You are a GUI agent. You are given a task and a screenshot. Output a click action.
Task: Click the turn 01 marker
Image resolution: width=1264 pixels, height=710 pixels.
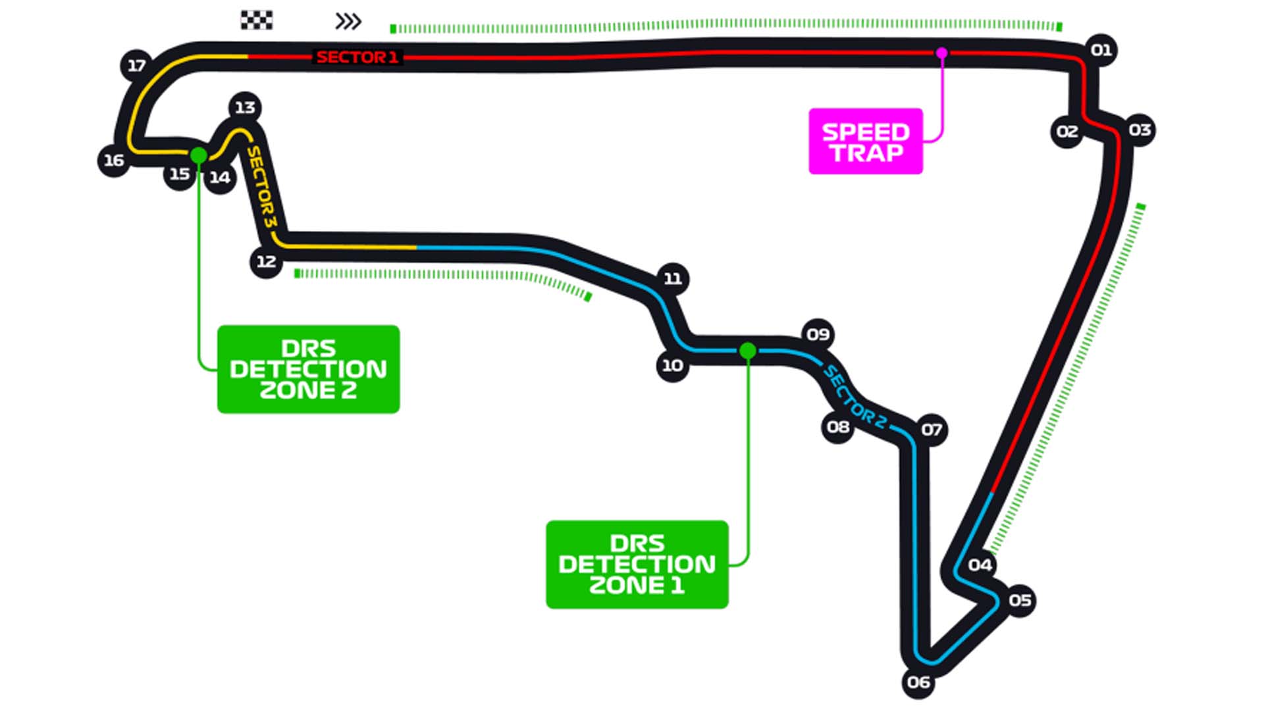click(x=1101, y=50)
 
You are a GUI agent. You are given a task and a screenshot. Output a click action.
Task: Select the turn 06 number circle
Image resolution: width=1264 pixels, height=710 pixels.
click(x=918, y=682)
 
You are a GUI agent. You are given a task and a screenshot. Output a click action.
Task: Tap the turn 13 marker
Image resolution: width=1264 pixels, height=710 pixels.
click(x=245, y=107)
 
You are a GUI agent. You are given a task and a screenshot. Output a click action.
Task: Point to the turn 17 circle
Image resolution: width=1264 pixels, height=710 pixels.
click(x=136, y=65)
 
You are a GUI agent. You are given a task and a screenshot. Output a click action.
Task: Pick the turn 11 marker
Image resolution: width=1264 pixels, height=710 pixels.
click(x=672, y=278)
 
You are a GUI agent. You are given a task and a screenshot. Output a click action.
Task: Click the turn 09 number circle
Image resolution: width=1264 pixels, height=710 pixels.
click(x=818, y=334)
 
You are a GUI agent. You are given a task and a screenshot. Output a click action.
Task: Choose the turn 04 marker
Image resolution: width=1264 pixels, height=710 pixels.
click(x=980, y=565)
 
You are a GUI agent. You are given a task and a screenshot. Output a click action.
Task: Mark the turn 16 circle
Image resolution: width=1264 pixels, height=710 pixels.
click(x=113, y=160)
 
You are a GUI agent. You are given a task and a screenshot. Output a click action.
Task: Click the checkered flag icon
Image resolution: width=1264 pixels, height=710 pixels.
click(x=256, y=20)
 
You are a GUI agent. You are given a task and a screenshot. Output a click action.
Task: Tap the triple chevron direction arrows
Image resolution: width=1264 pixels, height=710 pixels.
click(x=348, y=21)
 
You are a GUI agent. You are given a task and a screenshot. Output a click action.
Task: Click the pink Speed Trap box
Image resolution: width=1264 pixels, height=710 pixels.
click(x=865, y=141)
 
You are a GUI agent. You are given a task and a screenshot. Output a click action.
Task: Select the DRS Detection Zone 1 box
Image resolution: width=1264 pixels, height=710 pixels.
click(x=637, y=565)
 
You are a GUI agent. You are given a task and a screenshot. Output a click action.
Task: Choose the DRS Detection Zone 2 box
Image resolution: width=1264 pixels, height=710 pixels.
click(x=308, y=369)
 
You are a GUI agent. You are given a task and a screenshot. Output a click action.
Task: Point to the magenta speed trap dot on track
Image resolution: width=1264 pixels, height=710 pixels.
click(x=941, y=53)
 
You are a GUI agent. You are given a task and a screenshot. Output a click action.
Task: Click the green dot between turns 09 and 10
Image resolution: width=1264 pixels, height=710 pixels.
click(x=747, y=351)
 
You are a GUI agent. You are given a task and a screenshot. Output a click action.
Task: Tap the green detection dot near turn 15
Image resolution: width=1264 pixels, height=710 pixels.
click(x=198, y=155)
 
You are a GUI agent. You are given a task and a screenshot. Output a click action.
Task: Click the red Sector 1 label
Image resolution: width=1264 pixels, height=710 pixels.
click(x=357, y=57)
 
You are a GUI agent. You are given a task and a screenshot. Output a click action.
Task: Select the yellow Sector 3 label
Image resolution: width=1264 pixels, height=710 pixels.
click(x=261, y=187)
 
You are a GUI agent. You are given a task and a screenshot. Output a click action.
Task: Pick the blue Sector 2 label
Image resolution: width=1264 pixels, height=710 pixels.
click(x=855, y=397)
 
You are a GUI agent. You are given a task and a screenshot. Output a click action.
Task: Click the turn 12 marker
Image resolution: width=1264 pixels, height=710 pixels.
click(x=266, y=261)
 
